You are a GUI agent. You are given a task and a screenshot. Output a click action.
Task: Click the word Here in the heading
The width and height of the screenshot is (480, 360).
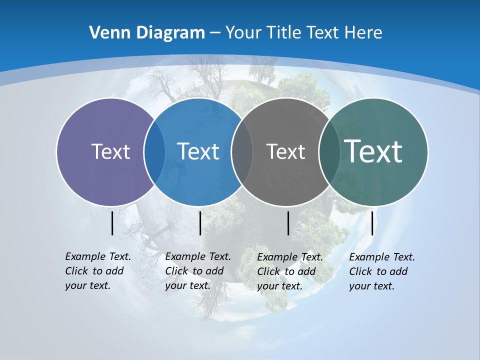[363, 32]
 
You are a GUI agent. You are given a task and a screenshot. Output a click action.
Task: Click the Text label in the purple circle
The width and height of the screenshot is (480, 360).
[110, 151]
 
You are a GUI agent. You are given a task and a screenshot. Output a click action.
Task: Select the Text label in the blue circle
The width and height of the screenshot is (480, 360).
[198, 151]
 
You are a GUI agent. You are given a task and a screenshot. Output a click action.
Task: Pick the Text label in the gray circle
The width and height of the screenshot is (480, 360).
[285, 151]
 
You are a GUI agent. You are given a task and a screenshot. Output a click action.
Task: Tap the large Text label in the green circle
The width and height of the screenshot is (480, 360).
[373, 151]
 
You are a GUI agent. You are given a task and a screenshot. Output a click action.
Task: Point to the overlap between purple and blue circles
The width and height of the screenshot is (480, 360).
[154, 151]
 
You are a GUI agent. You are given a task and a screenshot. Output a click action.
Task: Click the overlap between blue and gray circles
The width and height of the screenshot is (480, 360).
[242, 151]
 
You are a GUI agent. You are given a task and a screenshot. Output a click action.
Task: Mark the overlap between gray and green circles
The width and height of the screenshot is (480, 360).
[329, 151]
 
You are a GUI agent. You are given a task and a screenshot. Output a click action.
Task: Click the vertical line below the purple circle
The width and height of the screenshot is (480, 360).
[112, 223]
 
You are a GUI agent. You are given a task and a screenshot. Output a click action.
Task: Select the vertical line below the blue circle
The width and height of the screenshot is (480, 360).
[200, 223]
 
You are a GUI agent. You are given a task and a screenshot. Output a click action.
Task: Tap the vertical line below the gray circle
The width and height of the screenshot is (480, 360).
[288, 223]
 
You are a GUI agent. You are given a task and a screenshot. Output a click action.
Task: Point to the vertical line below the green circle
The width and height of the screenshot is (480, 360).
[372, 223]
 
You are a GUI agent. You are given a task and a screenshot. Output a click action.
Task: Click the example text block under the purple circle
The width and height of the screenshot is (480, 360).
[97, 271]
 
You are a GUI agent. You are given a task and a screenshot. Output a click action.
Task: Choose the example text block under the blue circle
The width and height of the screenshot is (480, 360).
[197, 271]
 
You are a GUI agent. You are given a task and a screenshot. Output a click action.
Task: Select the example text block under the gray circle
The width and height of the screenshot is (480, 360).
[289, 271]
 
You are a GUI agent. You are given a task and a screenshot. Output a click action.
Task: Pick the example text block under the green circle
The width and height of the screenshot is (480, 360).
[381, 271]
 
